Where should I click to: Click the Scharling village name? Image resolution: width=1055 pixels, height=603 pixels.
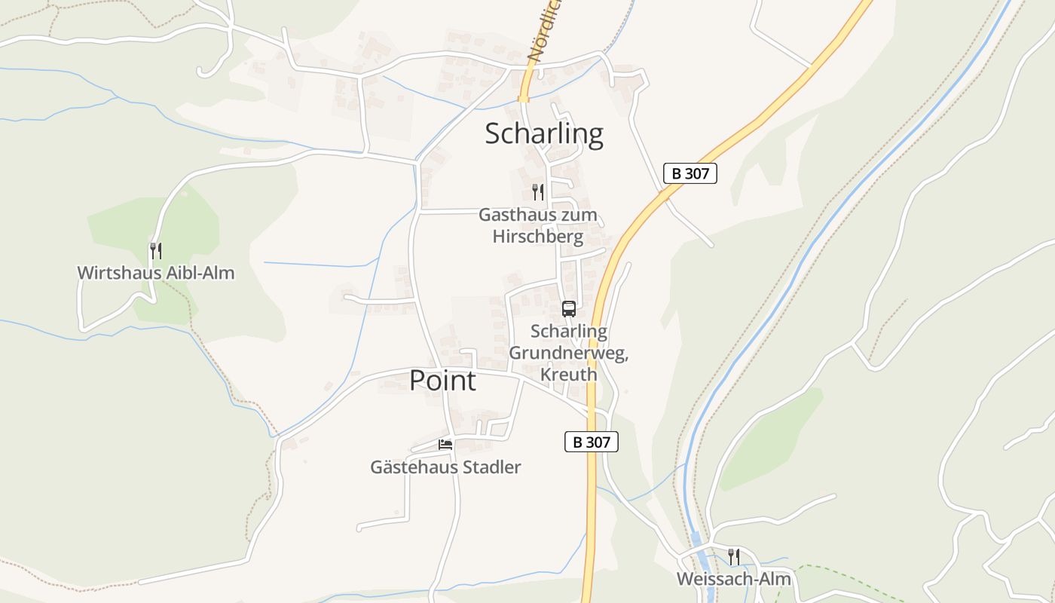(543, 134)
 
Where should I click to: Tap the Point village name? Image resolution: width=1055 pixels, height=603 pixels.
(442, 381)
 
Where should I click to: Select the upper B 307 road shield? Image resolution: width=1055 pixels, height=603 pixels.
(690, 173)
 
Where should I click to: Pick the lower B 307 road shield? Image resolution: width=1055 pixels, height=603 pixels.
(591, 442)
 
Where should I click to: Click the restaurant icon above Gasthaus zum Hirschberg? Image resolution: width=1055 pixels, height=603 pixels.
(538, 192)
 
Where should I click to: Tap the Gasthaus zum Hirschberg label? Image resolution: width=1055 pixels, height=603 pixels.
(538, 225)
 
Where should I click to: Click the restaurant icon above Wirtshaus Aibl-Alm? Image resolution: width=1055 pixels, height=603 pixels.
(155, 250)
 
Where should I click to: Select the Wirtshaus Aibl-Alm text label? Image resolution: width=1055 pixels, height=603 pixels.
(156, 273)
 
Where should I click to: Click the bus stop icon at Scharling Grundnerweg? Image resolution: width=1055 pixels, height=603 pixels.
(568, 309)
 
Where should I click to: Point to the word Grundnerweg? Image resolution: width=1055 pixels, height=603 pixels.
(569, 353)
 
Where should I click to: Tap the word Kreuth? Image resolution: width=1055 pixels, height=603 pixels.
(568, 375)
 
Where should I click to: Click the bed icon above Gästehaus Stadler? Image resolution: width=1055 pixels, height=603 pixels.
(445, 445)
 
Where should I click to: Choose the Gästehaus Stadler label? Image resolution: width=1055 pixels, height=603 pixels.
(445, 467)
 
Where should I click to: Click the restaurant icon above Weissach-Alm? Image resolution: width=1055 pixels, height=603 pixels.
(733, 557)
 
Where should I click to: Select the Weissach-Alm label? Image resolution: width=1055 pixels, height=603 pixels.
(733, 579)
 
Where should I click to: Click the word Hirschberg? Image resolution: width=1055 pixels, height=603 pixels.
(538, 237)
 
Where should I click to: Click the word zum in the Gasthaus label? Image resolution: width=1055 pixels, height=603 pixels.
(579, 215)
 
